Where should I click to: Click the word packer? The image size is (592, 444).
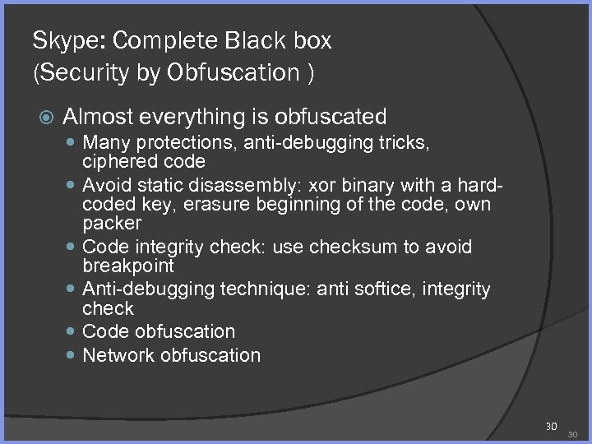(x=112, y=222)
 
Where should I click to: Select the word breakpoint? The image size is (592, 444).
(x=128, y=266)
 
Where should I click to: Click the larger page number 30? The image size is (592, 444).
(x=551, y=426)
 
